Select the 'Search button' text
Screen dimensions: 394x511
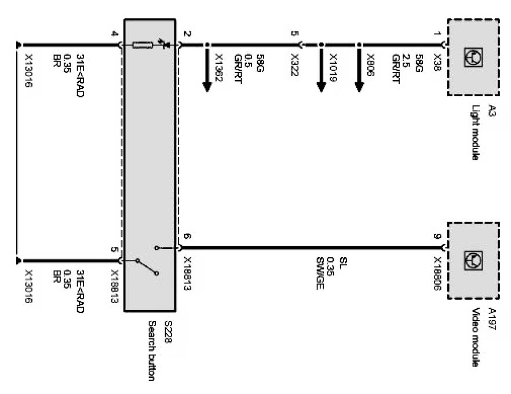[x=153, y=351]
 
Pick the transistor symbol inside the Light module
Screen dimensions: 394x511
[x=473, y=55]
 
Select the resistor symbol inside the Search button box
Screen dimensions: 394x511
[x=143, y=45]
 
